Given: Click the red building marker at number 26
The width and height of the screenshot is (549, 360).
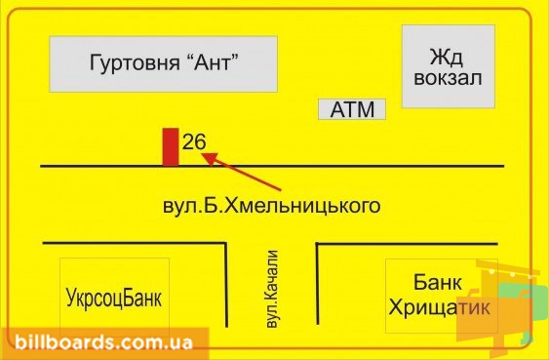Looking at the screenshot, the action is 171,146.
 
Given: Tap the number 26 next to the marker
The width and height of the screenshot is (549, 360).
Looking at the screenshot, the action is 194,141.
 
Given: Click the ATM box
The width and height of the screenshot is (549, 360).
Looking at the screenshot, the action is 352,109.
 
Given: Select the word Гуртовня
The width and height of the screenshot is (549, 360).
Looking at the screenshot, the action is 133,63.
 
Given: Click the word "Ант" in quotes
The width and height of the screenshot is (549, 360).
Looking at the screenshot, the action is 211,62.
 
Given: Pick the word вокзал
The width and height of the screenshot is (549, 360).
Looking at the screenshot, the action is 448,78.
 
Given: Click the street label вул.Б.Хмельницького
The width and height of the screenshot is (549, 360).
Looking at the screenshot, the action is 272,206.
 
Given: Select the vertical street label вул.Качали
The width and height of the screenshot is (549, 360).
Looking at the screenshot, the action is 272,289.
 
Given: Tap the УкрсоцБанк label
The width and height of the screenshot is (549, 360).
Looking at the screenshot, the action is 114,298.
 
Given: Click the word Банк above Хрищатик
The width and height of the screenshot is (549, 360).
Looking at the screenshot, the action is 438,282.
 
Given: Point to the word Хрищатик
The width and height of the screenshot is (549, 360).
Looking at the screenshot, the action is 440,308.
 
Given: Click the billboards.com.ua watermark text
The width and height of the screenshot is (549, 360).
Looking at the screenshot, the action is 103,342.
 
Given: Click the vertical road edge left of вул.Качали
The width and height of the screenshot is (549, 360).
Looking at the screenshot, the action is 226,285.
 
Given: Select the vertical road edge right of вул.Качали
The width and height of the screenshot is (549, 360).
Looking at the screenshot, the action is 318,284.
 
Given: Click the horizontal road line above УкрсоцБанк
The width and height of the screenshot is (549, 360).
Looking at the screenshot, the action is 135,243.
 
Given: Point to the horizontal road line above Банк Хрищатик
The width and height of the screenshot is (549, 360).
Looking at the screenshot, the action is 407,243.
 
